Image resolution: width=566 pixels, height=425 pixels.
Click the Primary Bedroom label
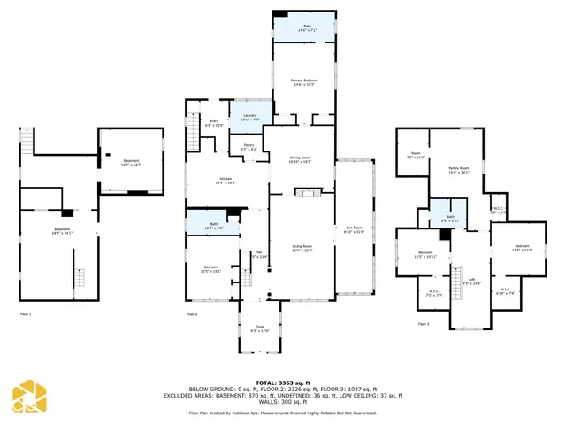point(304,81)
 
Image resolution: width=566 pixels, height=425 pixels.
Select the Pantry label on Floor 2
point(249,148)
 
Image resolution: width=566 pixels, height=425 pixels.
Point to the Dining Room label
point(300,160)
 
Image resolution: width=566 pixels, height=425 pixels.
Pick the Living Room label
point(302,248)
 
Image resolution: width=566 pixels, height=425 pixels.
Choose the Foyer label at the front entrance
point(259,329)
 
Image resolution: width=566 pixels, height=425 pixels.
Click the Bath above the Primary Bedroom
point(305,27)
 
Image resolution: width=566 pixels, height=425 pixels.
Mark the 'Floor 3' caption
point(424,324)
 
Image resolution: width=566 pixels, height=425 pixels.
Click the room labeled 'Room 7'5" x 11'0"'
point(416,157)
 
